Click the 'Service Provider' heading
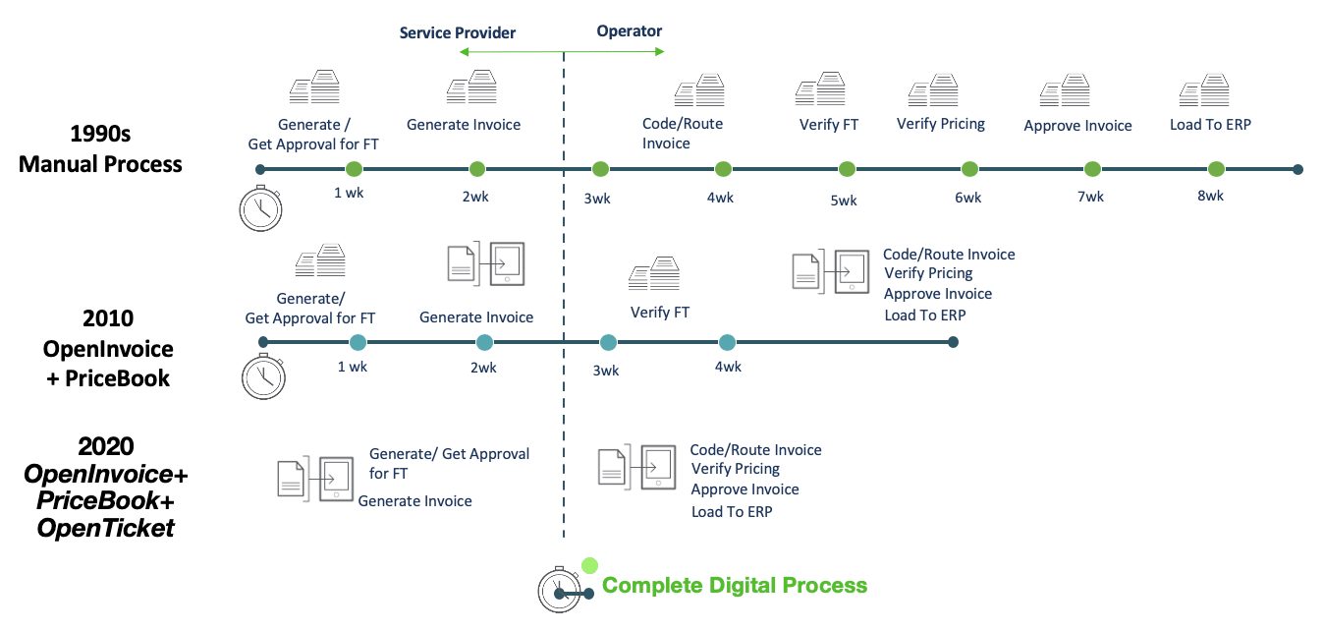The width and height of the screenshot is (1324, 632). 457,33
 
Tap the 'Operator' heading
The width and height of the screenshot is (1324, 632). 629,31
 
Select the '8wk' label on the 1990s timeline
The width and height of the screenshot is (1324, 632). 1210,196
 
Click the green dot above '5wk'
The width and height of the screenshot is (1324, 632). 847,169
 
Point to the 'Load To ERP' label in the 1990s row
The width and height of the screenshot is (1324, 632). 1210,125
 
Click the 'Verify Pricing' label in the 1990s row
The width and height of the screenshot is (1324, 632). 940,124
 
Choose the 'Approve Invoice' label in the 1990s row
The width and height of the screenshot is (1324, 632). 1077,126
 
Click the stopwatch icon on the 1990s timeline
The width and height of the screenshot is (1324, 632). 260,207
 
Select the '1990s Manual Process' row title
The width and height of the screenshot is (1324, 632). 100,149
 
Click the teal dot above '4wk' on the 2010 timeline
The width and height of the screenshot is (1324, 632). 727,342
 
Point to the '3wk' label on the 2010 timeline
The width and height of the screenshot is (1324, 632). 606,371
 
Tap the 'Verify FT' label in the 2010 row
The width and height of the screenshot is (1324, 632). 659,313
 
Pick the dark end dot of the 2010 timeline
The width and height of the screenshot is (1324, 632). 953,342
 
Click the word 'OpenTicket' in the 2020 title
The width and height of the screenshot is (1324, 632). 105,528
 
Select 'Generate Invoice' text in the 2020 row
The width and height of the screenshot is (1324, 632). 414,501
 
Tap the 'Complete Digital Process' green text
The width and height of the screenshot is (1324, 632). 735,586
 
